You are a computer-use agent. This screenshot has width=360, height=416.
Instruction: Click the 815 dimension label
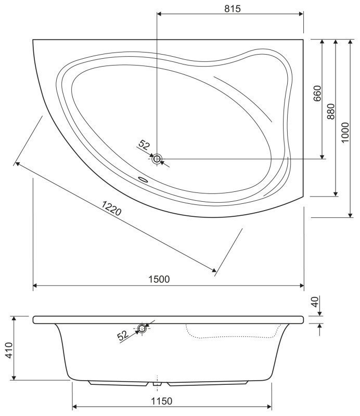click(x=233, y=9)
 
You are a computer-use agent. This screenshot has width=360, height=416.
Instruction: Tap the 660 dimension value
click(x=317, y=94)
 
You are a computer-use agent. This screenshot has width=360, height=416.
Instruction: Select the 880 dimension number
click(x=331, y=111)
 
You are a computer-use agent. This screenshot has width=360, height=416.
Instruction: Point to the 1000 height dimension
click(x=345, y=133)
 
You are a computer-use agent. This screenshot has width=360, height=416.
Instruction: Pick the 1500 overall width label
click(x=159, y=279)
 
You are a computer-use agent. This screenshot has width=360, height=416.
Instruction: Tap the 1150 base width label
click(x=162, y=401)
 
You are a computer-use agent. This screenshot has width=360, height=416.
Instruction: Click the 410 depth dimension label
click(x=9, y=350)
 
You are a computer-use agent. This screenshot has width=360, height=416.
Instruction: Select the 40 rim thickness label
click(x=315, y=302)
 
